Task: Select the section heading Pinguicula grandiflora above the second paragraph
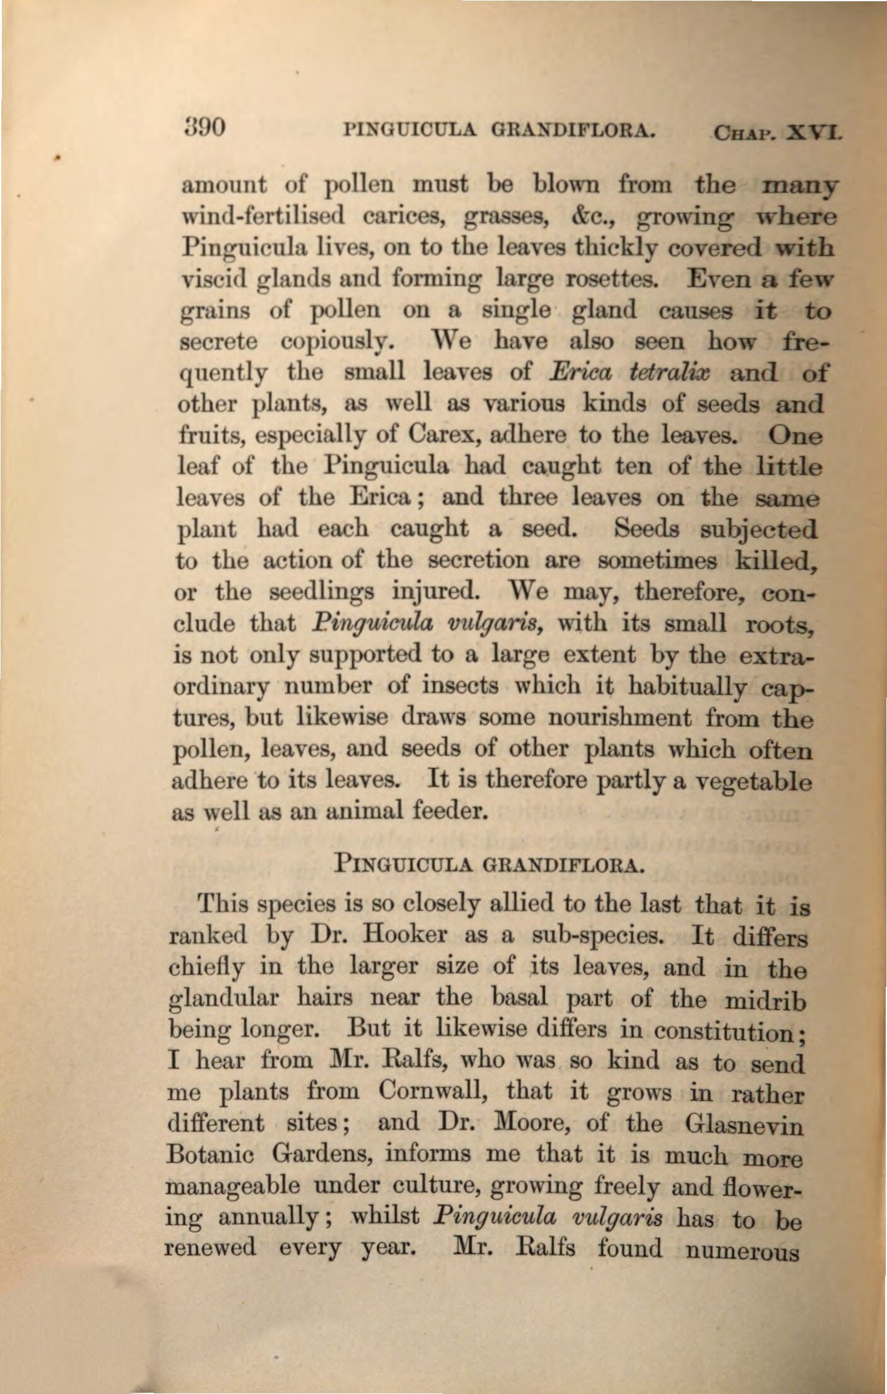(490, 862)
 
